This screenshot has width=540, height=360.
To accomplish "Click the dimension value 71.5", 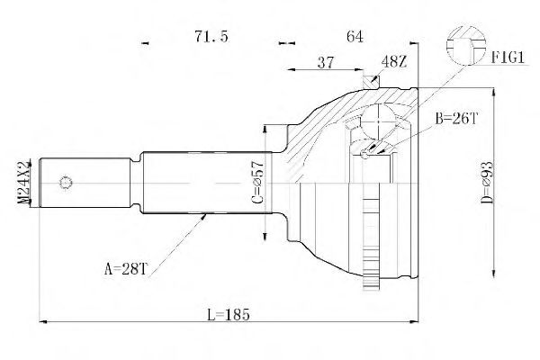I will point(212,36).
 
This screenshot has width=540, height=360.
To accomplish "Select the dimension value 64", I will point(354,36).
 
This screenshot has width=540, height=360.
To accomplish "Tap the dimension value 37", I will point(328,63).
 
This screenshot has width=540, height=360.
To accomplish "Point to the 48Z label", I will point(393,61).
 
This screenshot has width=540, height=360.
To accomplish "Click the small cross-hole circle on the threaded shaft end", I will point(65,184).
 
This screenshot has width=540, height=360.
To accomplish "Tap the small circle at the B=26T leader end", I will point(366,155).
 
